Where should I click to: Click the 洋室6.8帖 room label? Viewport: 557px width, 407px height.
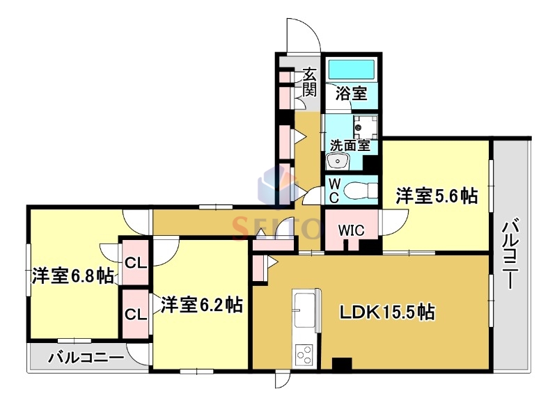coord(72,276)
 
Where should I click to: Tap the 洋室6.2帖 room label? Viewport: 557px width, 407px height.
coord(202,305)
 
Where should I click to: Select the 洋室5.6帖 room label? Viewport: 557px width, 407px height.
coord(437,196)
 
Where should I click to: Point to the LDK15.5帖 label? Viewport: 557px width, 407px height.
coord(387,312)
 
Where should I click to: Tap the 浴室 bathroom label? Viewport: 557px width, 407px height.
coord(351,93)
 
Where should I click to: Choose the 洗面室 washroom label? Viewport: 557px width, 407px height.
coord(350,146)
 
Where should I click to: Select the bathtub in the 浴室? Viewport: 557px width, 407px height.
coord(351,70)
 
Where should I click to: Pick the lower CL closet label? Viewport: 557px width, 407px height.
coord(135,314)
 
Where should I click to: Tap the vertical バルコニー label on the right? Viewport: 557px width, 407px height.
coord(512,254)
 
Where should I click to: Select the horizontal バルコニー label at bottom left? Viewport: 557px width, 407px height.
coord(86,359)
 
